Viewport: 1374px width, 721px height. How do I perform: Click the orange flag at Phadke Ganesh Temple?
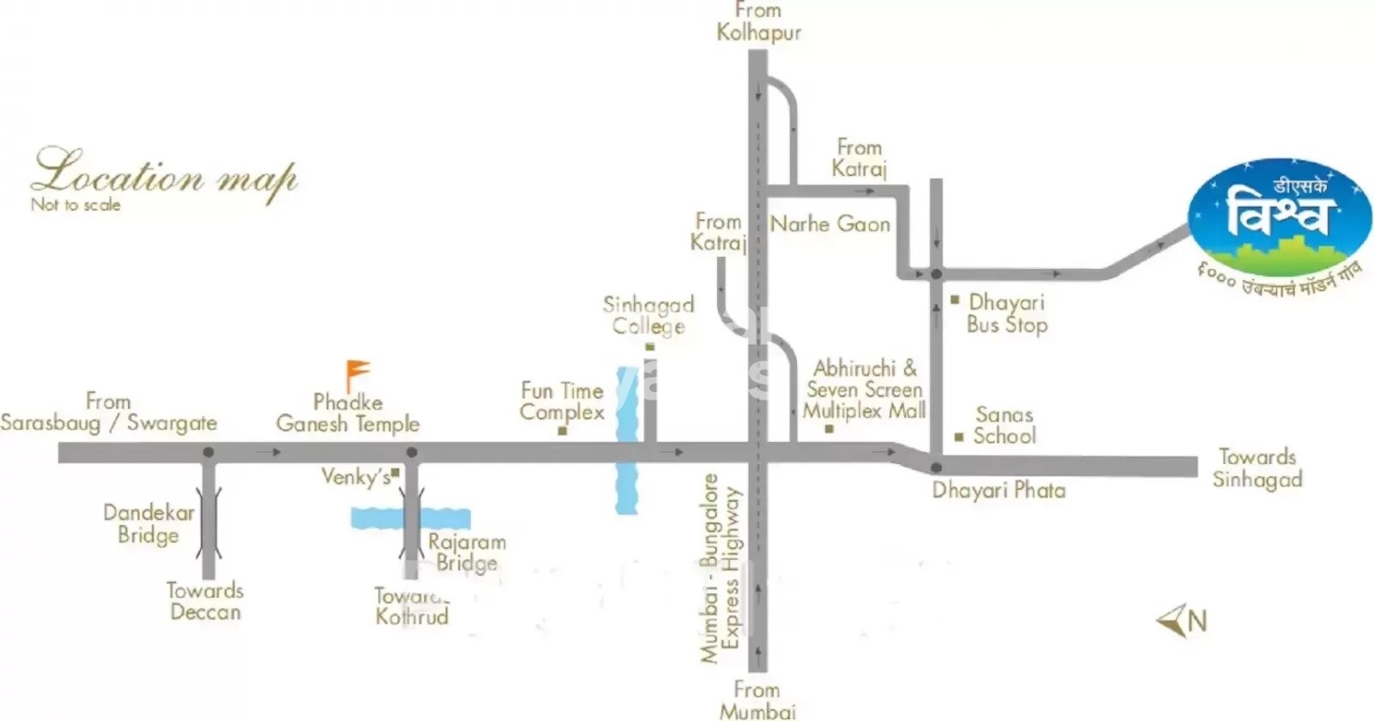click(x=356, y=374)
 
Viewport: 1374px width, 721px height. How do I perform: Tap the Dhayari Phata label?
click(x=998, y=491)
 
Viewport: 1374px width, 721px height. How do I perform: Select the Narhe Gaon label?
click(x=830, y=224)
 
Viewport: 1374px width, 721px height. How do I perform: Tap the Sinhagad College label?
click(x=648, y=315)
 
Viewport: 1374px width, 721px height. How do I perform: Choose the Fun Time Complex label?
click(x=562, y=401)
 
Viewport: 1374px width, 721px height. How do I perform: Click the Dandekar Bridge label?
click(x=149, y=523)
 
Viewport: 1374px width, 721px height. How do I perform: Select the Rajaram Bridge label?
click(x=466, y=553)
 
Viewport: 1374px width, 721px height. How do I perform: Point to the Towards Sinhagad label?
click(x=1257, y=468)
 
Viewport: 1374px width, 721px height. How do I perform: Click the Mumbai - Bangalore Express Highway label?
click(x=720, y=568)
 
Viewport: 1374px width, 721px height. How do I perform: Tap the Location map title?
click(x=164, y=176)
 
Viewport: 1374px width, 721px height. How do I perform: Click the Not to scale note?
click(x=76, y=205)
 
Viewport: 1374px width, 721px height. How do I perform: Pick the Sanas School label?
click(x=1004, y=425)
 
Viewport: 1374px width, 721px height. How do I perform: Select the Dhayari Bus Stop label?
click(x=1006, y=314)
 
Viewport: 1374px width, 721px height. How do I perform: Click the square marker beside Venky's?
click(x=396, y=472)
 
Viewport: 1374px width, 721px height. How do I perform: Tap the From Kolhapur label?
click(x=758, y=22)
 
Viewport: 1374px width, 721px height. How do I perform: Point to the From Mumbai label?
click(x=757, y=700)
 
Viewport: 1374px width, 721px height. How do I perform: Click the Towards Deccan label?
click(x=205, y=602)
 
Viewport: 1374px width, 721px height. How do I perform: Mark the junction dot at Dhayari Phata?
click(x=936, y=467)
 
